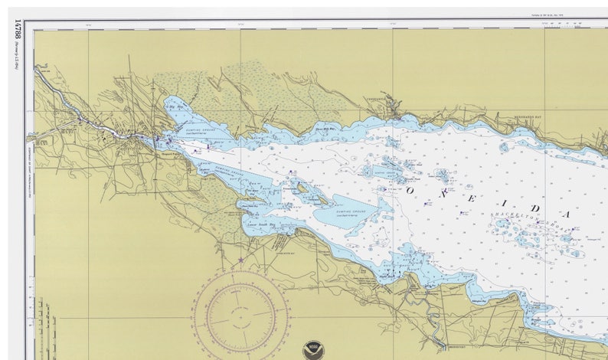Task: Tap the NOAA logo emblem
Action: pyautogui.click(x=312, y=349)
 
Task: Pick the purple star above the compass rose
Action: pyautogui.click(x=240, y=260)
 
